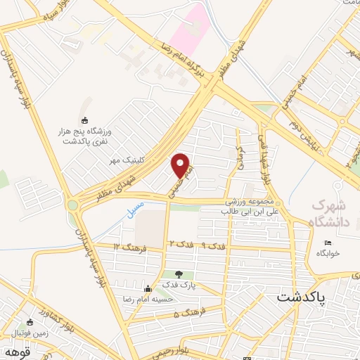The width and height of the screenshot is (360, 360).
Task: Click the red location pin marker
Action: click(x=182, y=166)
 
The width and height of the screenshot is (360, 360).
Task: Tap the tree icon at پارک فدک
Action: click(x=179, y=274)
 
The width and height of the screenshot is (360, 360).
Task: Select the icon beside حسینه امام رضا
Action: click(x=148, y=288)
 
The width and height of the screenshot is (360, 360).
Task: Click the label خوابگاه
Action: click(x=328, y=252)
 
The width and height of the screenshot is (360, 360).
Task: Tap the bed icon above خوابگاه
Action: click(x=328, y=243)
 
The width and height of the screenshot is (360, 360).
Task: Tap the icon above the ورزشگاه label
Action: click(x=86, y=120)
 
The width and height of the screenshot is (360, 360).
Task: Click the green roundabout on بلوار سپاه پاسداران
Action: click(x=73, y=205)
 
